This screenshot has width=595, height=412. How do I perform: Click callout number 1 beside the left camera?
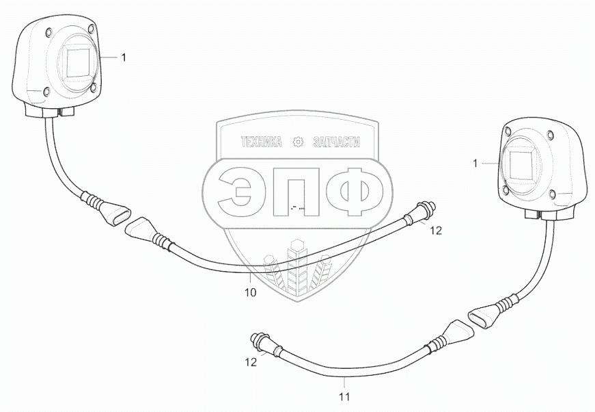(x=124, y=58)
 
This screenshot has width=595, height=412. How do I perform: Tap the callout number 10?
(x=250, y=292)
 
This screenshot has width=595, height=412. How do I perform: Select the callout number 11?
(x=345, y=395)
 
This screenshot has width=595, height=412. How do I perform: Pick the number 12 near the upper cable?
(x=436, y=231)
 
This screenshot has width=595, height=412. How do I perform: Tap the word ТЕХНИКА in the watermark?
(x=262, y=142)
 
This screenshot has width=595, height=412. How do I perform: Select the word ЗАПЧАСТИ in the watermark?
(x=335, y=142)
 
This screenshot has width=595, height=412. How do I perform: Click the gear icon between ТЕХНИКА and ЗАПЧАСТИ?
(x=297, y=142)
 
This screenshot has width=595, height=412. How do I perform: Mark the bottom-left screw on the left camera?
(x=46, y=92)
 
